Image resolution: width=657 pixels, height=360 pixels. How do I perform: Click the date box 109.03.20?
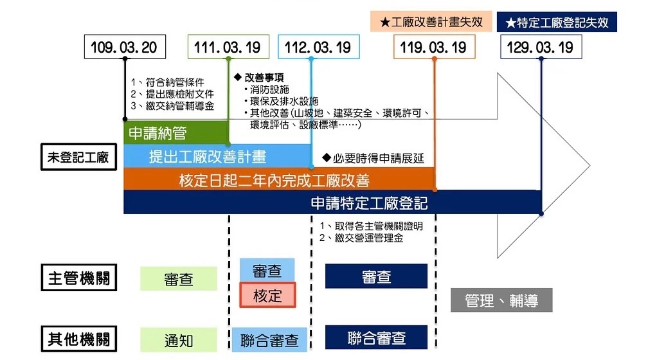[x=124, y=47]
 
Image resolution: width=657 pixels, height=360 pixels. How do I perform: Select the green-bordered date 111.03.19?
[x=228, y=47]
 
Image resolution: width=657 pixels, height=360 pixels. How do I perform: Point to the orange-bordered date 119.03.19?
[x=434, y=47]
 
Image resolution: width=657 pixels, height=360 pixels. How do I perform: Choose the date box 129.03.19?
[x=541, y=47]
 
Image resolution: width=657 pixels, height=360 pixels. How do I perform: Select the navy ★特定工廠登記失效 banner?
[x=557, y=22]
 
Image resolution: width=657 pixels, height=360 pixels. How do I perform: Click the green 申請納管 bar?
[x=175, y=134]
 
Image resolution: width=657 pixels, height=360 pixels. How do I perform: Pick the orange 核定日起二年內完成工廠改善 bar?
[x=279, y=179]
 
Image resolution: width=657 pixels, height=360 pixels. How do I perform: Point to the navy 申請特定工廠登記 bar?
[x=369, y=203]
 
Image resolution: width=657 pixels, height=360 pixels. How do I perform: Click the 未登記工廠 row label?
[x=78, y=157]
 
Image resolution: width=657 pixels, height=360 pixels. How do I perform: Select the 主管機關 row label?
[x=79, y=278]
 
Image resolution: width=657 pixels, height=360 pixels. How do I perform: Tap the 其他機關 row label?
[x=79, y=339]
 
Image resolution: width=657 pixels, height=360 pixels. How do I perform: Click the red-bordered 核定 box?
[x=267, y=295]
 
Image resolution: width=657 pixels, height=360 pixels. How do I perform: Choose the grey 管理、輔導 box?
[x=501, y=300]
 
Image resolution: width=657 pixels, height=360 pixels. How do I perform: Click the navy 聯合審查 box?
[x=376, y=337]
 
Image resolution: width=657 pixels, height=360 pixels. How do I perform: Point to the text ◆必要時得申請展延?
[x=373, y=157]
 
